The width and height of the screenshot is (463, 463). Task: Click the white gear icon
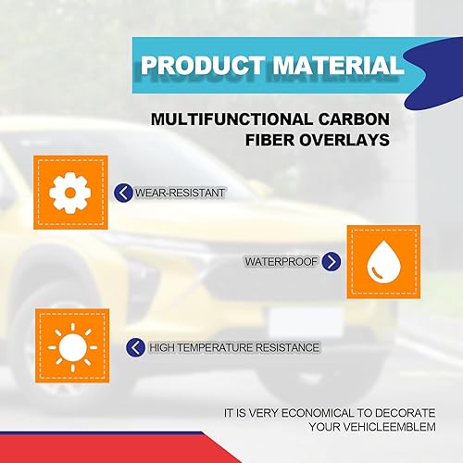click(69, 193)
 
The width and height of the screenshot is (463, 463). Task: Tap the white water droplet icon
click(382, 261)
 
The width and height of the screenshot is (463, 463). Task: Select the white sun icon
click(69, 346)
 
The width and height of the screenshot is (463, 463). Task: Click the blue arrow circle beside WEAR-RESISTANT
click(124, 193)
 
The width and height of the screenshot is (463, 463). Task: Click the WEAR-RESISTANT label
click(181, 193)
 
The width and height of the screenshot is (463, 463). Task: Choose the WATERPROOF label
click(281, 262)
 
